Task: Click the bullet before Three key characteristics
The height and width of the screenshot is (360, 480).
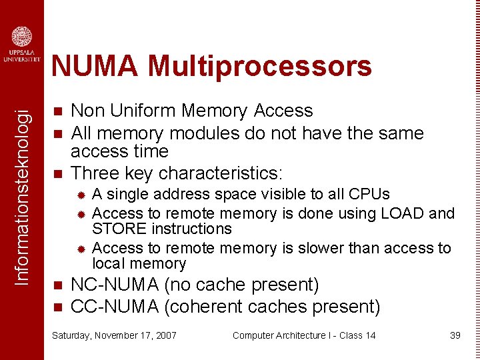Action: pyautogui.click(x=57, y=174)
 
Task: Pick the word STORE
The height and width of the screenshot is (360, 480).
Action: pyautogui.click(x=114, y=229)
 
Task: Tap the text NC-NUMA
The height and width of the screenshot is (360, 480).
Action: pyautogui.click(x=115, y=285)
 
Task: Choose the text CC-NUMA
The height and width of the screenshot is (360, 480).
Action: pyautogui.click(x=115, y=307)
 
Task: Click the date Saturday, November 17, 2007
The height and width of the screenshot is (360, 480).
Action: pyautogui.click(x=114, y=335)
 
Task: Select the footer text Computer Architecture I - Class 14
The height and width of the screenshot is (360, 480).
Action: pyautogui.click(x=303, y=335)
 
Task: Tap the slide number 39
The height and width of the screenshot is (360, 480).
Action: pyautogui.click(x=455, y=335)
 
